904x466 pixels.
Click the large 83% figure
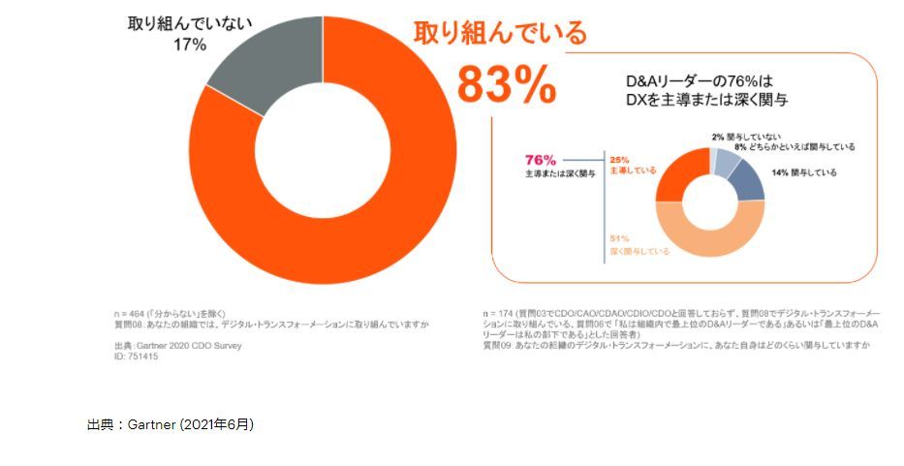click(506, 83)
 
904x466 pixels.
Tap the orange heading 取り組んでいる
click(500, 33)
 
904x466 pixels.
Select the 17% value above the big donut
click(192, 45)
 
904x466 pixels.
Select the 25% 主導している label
click(629, 166)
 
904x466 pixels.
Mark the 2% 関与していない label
click(746, 137)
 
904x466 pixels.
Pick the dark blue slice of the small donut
click(747, 180)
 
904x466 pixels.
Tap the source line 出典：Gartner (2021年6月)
click(170, 424)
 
